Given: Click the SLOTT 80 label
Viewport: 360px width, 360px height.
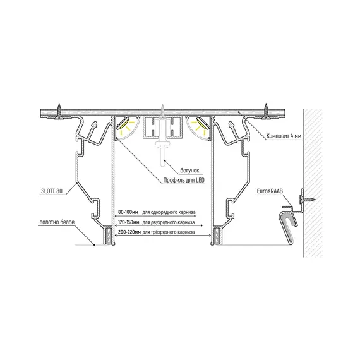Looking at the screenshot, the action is pos(52,191).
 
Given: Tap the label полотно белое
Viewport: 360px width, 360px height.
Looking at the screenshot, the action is pos(57,222).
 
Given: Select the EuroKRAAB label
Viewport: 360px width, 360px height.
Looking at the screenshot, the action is pos(270,191).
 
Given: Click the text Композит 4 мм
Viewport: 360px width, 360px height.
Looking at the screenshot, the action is pos(284,136).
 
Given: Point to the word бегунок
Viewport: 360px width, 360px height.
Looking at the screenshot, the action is pos(189,171).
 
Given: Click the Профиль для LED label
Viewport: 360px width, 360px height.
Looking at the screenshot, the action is pos(184,181).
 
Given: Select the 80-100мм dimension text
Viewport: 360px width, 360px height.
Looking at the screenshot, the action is pos(128,212).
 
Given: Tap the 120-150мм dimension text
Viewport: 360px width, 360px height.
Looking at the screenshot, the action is pos(129,222).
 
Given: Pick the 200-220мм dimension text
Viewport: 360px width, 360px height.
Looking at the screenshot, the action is pos(129,232).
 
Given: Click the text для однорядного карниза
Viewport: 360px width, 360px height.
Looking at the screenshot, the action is pos(169,212).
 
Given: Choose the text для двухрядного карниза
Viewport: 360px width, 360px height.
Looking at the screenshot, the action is pos(169,222).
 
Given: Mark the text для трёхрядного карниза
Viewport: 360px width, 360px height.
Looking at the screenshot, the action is pos(169,232).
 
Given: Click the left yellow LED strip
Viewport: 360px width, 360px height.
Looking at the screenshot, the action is pos(123,123).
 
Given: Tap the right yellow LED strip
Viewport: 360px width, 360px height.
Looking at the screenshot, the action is pos(203,123).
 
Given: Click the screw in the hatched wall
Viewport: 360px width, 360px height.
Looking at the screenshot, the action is pos(307,199).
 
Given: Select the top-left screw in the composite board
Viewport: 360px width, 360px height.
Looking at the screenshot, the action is pos(59,112).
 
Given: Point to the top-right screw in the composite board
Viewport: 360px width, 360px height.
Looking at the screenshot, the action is pos(266,112).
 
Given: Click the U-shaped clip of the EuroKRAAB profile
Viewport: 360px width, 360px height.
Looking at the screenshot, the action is pos(287,226).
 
